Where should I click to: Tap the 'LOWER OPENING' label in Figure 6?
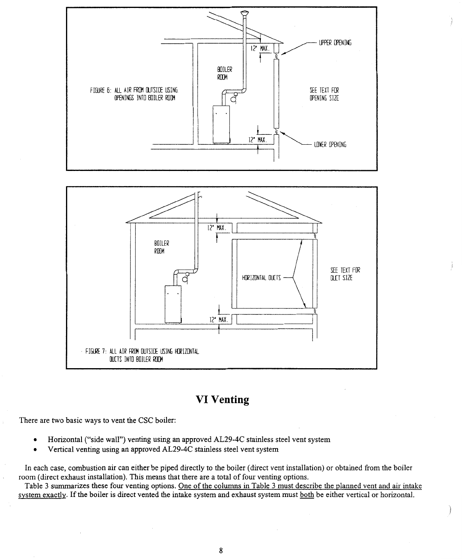point(330,145)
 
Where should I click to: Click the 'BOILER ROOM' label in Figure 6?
point(222,73)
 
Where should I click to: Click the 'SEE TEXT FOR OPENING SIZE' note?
point(324,94)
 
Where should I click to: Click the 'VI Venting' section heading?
point(223,399)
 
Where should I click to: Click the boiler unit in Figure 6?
point(221,123)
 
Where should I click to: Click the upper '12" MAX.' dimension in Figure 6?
point(260,49)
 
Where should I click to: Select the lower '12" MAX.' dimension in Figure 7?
point(218,320)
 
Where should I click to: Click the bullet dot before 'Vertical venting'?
point(36,450)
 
